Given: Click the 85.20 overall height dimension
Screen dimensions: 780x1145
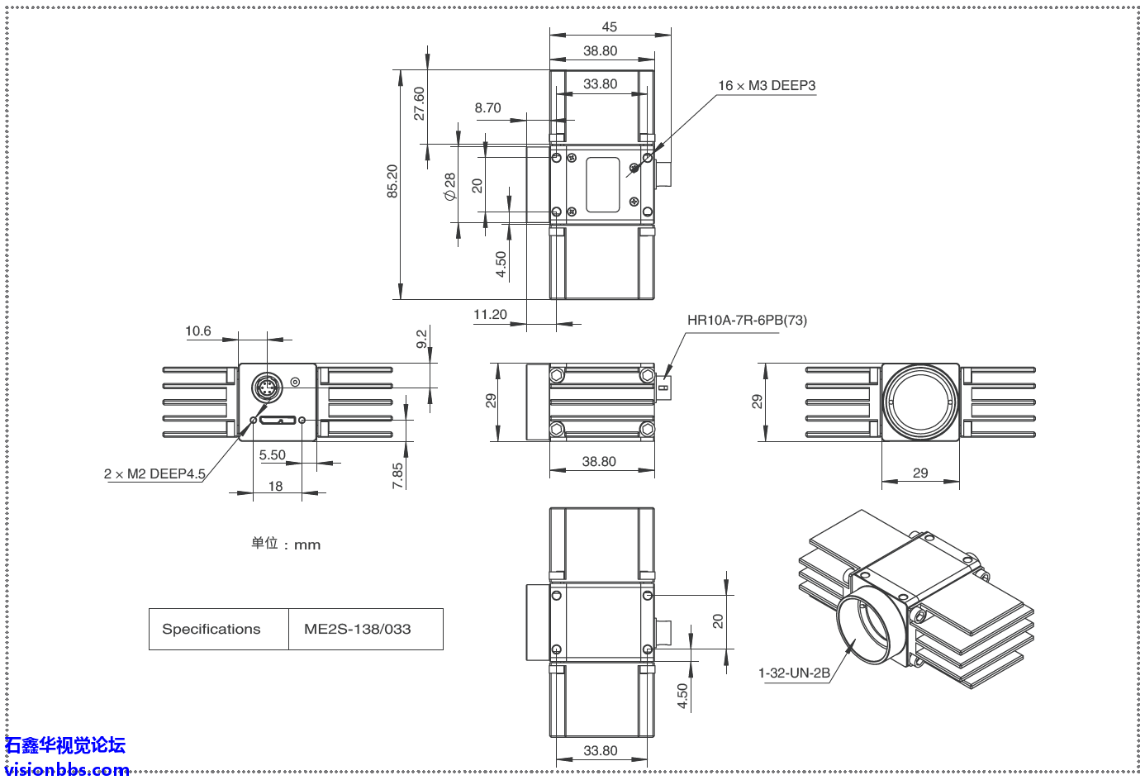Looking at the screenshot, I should click(392, 181).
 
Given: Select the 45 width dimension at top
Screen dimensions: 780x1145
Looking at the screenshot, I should click(610, 27).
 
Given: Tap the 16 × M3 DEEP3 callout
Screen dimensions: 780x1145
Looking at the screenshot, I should click(767, 86).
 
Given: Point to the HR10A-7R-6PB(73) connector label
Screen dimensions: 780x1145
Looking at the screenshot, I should click(747, 321).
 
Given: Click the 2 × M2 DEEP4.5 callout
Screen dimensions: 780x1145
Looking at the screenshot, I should click(154, 474).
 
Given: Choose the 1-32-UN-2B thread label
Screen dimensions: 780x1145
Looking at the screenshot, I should click(794, 673).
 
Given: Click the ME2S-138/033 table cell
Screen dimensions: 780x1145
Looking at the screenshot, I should click(357, 629).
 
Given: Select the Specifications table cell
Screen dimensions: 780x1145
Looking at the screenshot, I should click(211, 629).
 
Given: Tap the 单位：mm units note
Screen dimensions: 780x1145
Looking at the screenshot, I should click(286, 544).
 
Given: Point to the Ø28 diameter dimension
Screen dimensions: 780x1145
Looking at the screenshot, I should click(449, 186).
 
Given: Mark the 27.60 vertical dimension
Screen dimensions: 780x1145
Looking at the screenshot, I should click(420, 103).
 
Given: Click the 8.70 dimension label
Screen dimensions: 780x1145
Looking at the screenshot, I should click(487, 108).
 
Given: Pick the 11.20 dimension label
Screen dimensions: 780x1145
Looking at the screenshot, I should click(490, 315).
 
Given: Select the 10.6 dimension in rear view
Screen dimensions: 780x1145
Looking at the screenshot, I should click(198, 331).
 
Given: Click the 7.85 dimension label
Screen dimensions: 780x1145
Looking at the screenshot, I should click(398, 475).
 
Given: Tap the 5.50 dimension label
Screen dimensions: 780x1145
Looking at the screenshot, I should click(272, 455).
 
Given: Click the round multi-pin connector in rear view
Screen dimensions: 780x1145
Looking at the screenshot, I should click(266, 388).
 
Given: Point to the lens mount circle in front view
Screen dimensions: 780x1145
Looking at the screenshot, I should click(920, 402).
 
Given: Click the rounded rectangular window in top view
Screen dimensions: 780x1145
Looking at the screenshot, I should click(602, 184).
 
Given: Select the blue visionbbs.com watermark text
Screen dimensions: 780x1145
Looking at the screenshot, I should click(67, 770).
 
